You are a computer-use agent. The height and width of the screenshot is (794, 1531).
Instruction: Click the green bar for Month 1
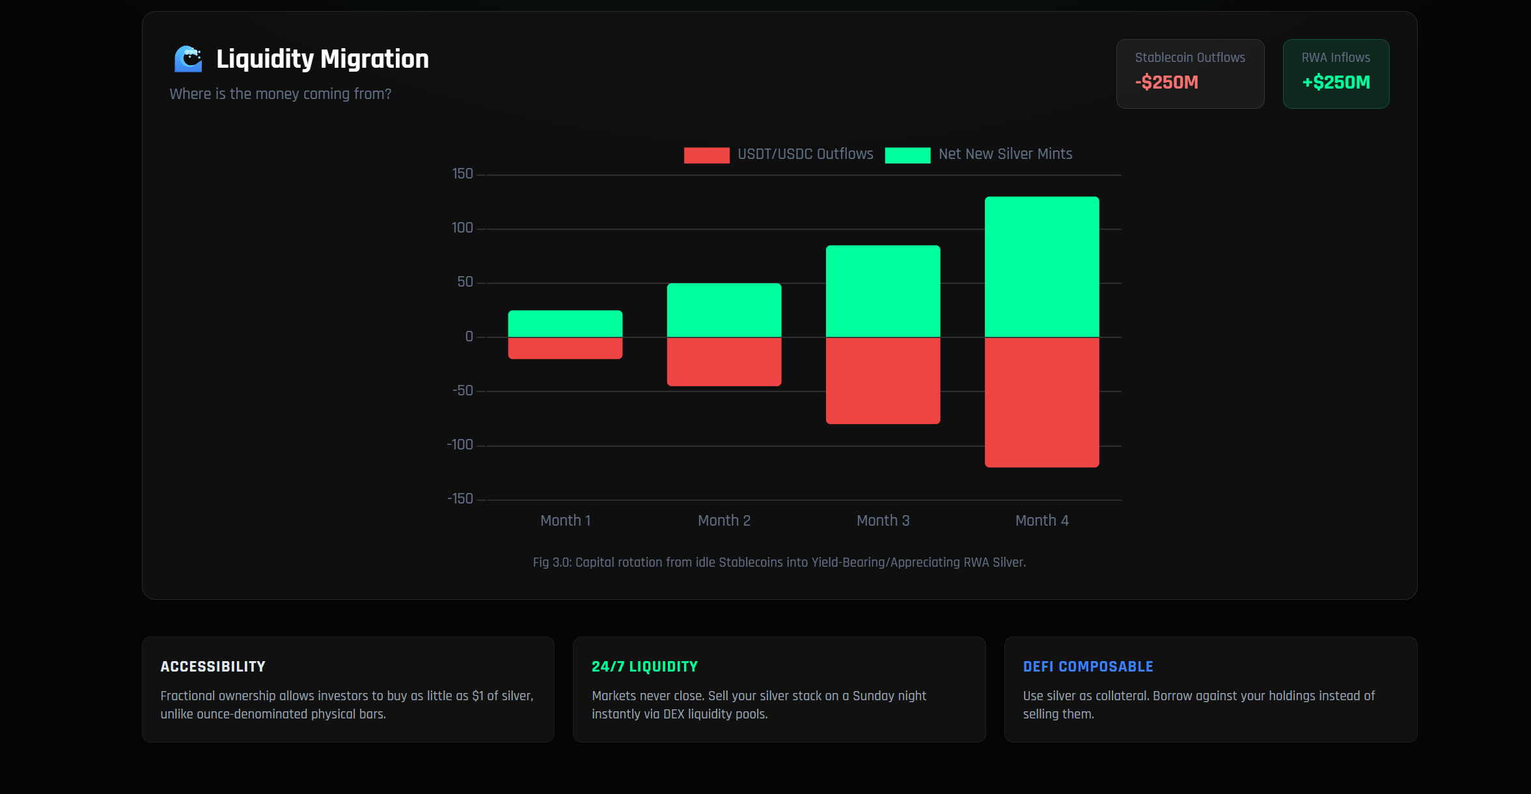tap(565, 324)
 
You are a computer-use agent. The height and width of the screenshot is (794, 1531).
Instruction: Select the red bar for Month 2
tap(724, 362)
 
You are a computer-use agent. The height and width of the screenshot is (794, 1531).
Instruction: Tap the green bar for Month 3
tap(883, 291)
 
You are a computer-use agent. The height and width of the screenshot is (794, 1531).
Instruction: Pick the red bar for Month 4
tap(1041, 402)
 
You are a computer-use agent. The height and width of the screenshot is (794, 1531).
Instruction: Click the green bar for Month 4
tap(1041, 267)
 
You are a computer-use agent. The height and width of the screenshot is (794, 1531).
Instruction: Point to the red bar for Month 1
tap(565, 348)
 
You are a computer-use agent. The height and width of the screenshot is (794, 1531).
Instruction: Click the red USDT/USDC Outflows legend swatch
tap(706, 155)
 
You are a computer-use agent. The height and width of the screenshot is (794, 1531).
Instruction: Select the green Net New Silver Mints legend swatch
tap(907, 155)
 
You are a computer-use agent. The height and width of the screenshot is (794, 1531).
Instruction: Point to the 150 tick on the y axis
tap(462, 174)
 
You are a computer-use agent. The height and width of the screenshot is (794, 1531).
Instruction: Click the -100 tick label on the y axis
tap(460, 445)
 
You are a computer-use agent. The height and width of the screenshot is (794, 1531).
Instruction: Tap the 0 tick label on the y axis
tap(469, 337)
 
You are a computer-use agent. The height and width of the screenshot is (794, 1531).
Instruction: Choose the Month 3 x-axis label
tap(883, 520)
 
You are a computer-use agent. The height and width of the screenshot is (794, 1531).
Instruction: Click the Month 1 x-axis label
tap(565, 520)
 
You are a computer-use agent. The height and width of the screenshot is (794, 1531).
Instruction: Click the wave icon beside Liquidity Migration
tap(188, 59)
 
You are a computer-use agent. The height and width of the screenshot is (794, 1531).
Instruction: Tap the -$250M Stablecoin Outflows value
tap(1166, 83)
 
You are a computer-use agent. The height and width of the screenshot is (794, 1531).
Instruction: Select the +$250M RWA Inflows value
tap(1336, 83)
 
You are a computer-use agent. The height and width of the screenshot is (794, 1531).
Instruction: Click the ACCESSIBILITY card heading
tap(213, 666)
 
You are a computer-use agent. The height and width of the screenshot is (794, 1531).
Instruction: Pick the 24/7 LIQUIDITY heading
tap(644, 666)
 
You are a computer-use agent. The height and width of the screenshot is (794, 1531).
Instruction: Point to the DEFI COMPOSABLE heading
tap(1088, 666)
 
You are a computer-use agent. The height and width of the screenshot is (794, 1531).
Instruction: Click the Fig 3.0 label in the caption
tap(551, 562)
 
